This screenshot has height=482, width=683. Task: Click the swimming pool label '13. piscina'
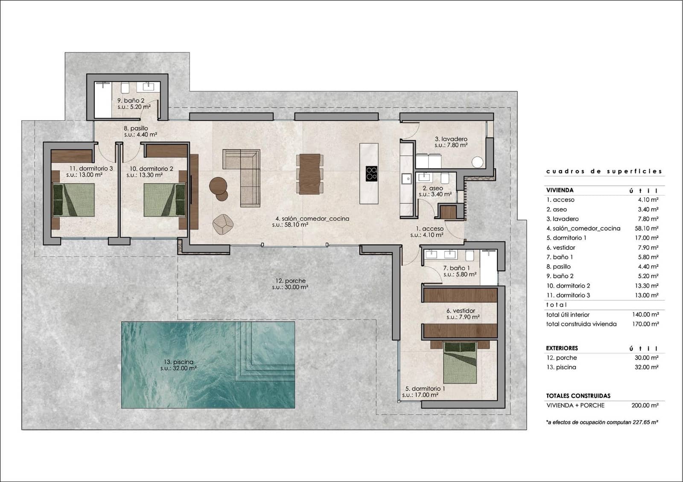179,362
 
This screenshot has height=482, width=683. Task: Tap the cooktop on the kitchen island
371,173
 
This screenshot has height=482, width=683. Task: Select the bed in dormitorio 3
73,200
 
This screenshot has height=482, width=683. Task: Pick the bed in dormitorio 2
165,200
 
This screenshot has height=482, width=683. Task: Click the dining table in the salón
309,174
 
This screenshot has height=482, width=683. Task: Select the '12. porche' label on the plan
290,281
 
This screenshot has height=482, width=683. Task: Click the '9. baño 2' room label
131,101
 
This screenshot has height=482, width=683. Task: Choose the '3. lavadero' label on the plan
451,139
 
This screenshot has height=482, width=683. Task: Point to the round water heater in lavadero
478,162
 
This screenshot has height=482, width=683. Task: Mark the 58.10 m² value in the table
646,229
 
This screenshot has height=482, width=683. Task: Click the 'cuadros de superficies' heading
604,171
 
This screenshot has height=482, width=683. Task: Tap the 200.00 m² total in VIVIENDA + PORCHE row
645,406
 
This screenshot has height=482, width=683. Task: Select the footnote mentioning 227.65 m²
601,422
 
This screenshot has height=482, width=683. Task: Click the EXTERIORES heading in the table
562,348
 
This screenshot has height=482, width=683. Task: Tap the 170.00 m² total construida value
645,324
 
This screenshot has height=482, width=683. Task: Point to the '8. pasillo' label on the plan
136,128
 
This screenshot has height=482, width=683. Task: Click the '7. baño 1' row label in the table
560,257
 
